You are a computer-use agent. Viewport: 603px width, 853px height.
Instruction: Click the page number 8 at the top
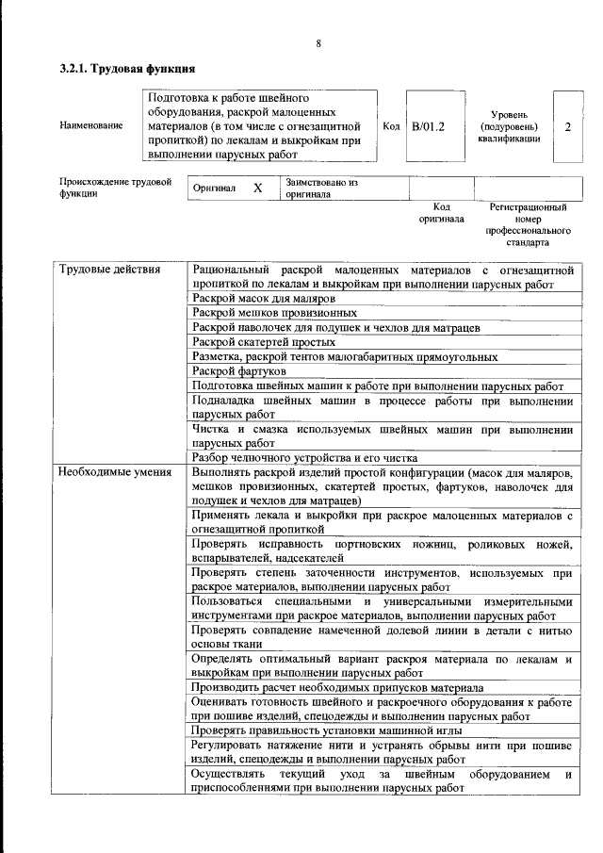click(x=318, y=43)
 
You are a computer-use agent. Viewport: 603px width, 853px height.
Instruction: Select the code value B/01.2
click(x=428, y=125)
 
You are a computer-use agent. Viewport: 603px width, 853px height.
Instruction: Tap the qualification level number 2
click(x=567, y=125)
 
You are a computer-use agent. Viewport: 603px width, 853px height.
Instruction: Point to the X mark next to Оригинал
click(x=257, y=189)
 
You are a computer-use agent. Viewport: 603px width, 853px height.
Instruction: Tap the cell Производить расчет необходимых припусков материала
click(x=337, y=688)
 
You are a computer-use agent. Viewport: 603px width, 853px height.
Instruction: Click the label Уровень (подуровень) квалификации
click(x=509, y=125)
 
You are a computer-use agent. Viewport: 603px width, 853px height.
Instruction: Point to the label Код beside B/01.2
click(x=392, y=125)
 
